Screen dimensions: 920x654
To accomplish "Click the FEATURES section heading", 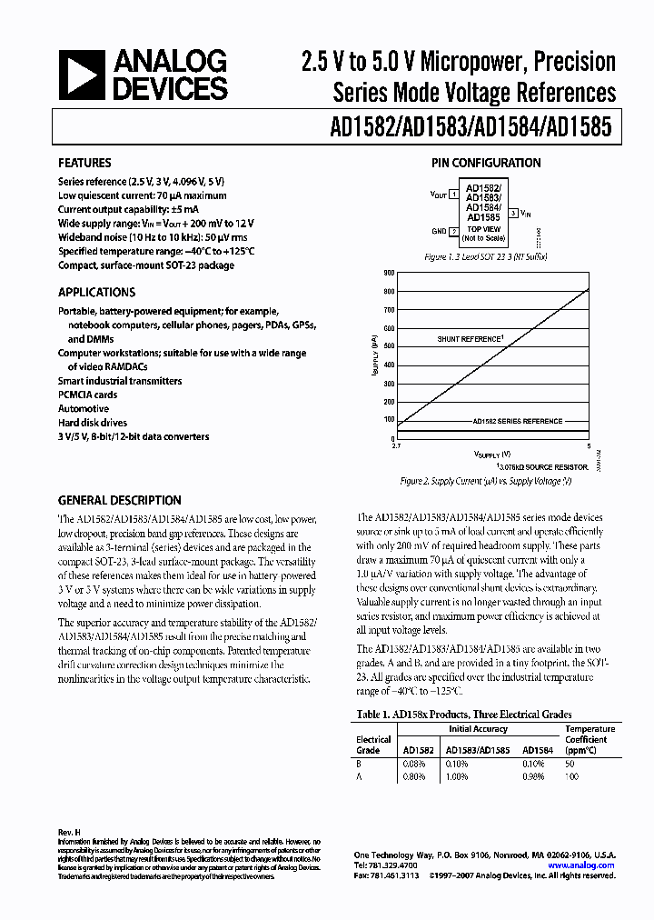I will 84,164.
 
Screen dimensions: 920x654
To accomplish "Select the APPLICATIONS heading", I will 96,293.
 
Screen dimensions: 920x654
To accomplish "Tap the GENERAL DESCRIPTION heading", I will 119,500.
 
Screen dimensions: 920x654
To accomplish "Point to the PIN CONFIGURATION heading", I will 487,164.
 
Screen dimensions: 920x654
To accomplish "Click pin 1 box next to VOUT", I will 453,195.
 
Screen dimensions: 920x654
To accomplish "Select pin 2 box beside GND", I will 453,231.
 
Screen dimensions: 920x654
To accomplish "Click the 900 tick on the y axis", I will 389,273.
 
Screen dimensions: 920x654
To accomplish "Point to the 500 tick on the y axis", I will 389,346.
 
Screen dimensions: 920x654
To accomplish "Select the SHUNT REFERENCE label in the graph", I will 470,339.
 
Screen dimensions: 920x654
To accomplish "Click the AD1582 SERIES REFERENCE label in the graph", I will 517,421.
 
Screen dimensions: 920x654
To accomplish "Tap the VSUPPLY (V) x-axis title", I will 491,453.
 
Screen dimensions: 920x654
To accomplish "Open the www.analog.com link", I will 588,865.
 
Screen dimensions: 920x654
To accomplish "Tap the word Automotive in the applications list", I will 84,409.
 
